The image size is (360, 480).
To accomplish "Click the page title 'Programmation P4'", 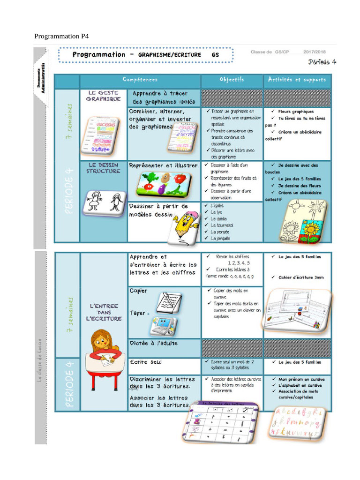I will pyautogui.click(x=61, y=36).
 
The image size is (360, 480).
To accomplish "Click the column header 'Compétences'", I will pyautogui.click(x=140, y=80).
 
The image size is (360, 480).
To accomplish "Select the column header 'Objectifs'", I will pyautogui.click(x=232, y=80).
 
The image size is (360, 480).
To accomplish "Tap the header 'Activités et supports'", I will pyautogui.click(x=297, y=80).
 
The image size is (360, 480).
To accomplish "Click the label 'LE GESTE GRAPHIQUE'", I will pyautogui.click(x=103, y=96).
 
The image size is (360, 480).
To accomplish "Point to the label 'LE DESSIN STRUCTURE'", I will pyautogui.click(x=103, y=168).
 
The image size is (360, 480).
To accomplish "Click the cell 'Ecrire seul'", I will pyautogui.click(x=146, y=362).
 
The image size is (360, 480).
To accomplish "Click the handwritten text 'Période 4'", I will pyautogui.click(x=322, y=62).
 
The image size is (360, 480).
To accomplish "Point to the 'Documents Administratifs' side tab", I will pyautogui.click(x=41, y=77).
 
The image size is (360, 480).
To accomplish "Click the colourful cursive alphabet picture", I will pyautogui.click(x=296, y=422).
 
